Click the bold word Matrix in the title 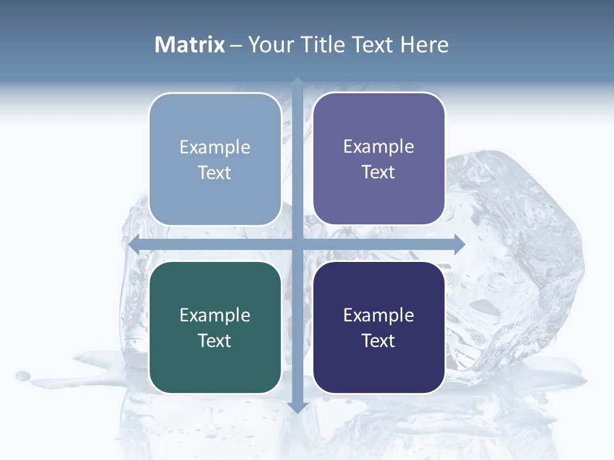pyautogui.click(x=190, y=45)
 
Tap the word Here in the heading pyautogui.click(x=424, y=45)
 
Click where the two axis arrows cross pyautogui.click(x=297, y=245)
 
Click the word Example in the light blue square pyautogui.click(x=215, y=148)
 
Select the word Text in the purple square pyautogui.click(x=379, y=172)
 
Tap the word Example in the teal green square pyautogui.click(x=215, y=316)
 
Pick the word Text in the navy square pyautogui.click(x=379, y=341)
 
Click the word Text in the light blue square pyautogui.click(x=215, y=173)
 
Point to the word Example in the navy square pyautogui.click(x=379, y=316)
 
